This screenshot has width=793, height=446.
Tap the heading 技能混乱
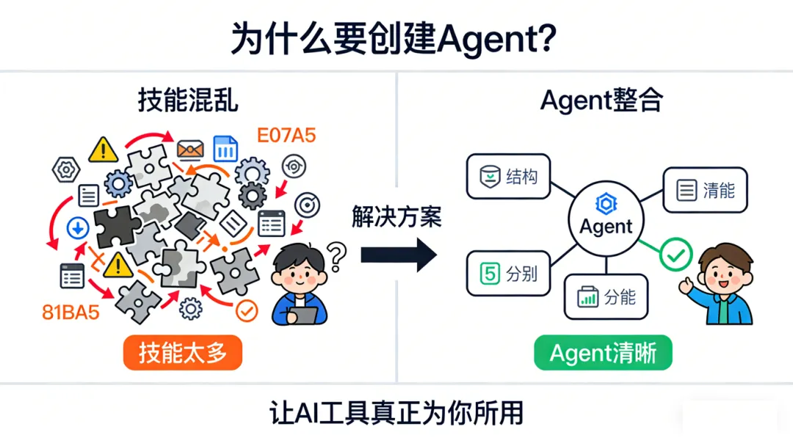pyautogui.click(x=188, y=99)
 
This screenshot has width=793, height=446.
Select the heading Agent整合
pyautogui.click(x=601, y=99)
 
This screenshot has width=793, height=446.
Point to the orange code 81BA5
pyautogui.click(x=70, y=312)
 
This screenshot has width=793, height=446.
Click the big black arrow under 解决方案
pyautogui.click(x=397, y=255)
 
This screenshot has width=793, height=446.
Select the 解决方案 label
pyautogui.click(x=396, y=218)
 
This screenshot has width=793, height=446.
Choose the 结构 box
pyautogui.click(x=508, y=177)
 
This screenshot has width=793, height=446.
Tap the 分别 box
pyautogui.click(x=508, y=274)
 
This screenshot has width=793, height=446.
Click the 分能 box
pyautogui.click(x=606, y=297)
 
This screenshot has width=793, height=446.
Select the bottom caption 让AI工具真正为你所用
pyautogui.click(x=396, y=414)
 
